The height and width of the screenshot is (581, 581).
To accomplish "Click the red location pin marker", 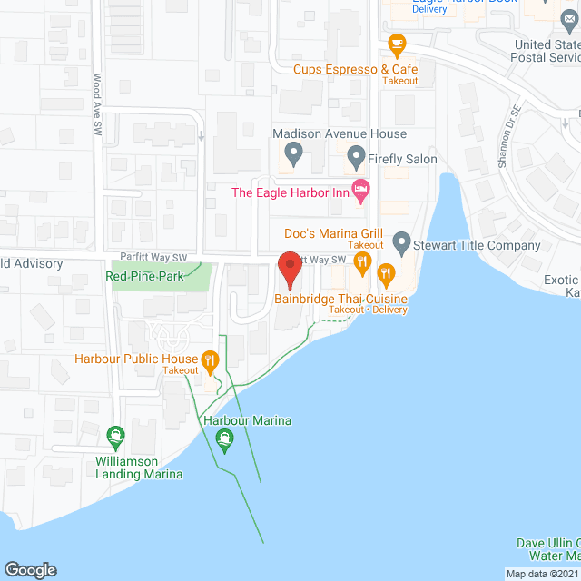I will pos(290,269).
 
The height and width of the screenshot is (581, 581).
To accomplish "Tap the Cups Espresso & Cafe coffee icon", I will pos(396,43).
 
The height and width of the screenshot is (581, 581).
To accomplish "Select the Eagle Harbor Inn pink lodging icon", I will pos(361,191).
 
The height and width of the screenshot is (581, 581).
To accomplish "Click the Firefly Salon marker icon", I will pos(356,159).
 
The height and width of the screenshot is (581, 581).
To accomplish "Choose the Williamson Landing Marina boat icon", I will pos(115,437).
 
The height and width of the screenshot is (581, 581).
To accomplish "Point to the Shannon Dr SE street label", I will pos(510,127).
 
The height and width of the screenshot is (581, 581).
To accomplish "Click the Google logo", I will pos(29,569).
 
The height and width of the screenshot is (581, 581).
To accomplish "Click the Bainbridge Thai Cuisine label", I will pos(340,299).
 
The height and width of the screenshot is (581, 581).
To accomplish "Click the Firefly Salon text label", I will pos(402,159).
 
